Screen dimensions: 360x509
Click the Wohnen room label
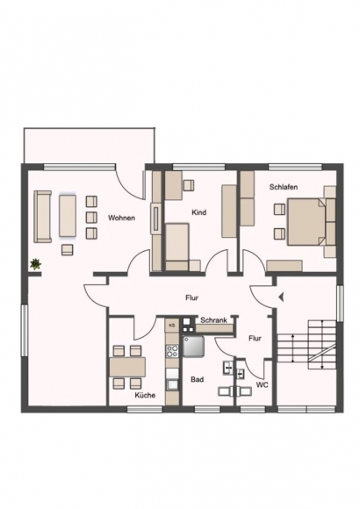tap(121, 218)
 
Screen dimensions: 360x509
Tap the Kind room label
tap(198, 212)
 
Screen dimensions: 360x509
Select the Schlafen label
tap(284, 187)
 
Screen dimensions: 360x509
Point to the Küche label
tap(145, 395)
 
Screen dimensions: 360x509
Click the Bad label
tap(198, 379)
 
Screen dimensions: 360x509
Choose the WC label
tap(263, 384)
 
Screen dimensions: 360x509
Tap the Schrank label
tap(213, 320)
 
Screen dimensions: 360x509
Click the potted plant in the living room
tap(35, 264)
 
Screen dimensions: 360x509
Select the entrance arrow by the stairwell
tap(281, 297)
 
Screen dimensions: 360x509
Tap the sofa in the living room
tap(42, 217)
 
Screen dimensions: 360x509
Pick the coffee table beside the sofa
tap(68, 216)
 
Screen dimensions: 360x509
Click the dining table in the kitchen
tap(127, 367)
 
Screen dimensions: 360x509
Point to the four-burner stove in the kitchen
tap(172, 351)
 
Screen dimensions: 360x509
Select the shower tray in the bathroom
tap(193, 346)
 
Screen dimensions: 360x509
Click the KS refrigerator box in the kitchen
tap(172, 325)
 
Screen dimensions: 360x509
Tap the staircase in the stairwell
tap(306, 344)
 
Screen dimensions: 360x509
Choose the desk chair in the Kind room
tap(189, 185)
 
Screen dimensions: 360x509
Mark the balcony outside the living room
tap(89, 145)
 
